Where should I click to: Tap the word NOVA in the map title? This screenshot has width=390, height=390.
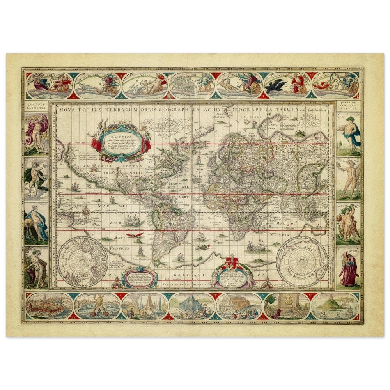click(x=67, y=110)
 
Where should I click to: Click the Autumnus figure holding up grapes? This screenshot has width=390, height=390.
click(x=348, y=222)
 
